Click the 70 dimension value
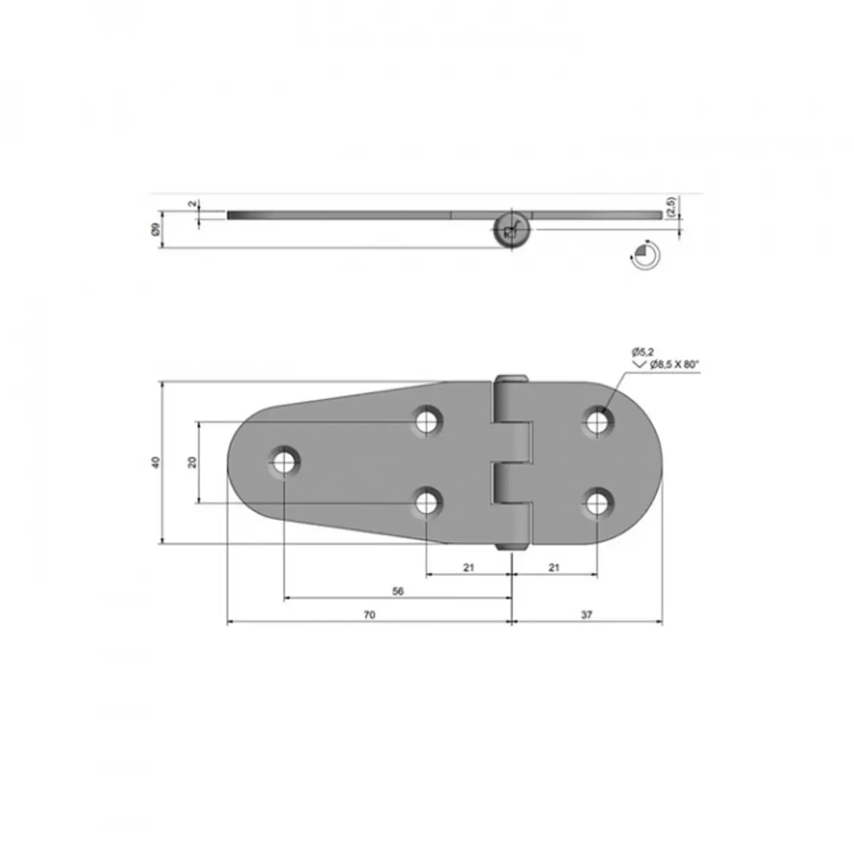pos(369,615)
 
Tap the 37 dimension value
pos(586,615)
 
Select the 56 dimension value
pos(398,591)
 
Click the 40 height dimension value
pos(156,463)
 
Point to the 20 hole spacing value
pos(192,463)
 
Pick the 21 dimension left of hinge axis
pos(469,567)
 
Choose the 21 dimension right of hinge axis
pos(554,567)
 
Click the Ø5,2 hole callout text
pos(643,352)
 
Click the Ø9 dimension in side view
pos(156,230)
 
